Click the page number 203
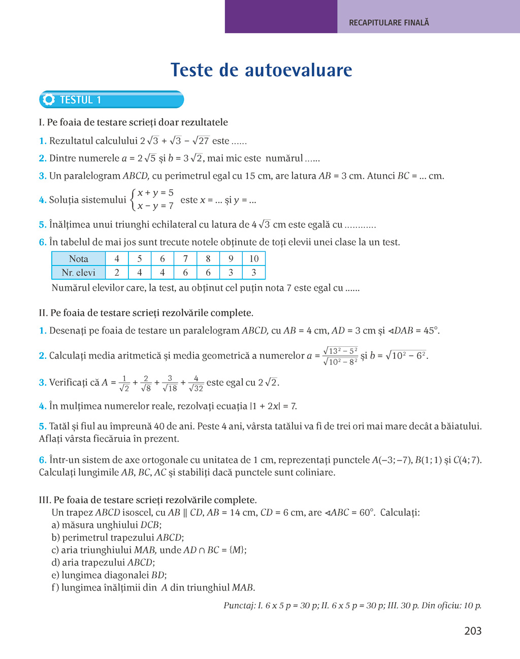tap(472, 631)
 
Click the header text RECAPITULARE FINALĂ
tap(389, 23)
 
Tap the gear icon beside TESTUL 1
tap(49, 100)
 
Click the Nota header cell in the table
tap(79, 259)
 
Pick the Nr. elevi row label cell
tap(79, 273)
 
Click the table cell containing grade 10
tap(253, 259)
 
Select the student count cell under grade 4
tap(117, 273)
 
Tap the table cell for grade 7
tap(185, 259)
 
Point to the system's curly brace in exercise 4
tap(133, 200)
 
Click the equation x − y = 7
tap(155, 206)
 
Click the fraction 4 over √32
tap(196, 383)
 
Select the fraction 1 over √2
tap(124, 383)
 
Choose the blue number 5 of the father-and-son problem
tap(42, 426)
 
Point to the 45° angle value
tap(431, 331)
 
